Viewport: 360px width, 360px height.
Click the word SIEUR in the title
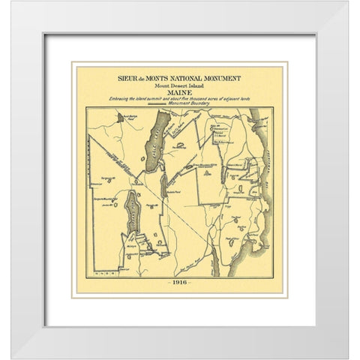pos(125,76)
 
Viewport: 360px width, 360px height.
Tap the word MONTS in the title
pos(154,76)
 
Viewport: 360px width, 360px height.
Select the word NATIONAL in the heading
pos(187,76)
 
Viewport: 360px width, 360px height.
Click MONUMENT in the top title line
pos(223,76)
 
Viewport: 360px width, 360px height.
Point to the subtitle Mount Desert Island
pos(180,85)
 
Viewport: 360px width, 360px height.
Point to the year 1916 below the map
pos(180,282)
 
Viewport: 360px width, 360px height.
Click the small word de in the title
pos(139,76)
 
